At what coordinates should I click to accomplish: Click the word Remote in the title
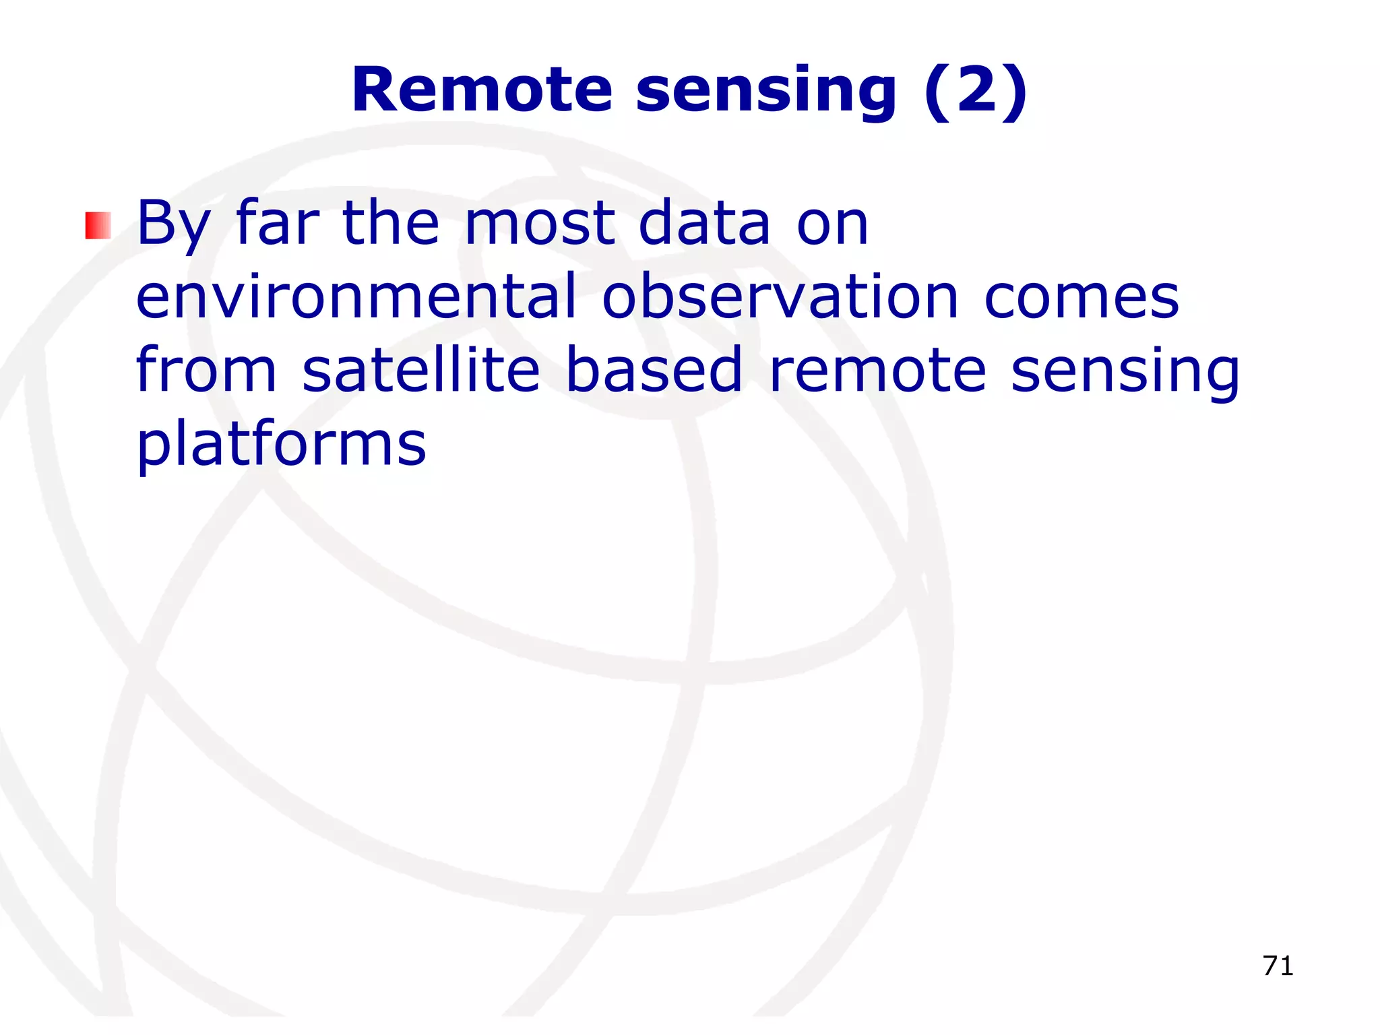[482, 90]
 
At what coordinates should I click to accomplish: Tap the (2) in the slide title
[976, 90]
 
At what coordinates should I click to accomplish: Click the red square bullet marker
[98, 226]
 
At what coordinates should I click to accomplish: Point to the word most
[539, 224]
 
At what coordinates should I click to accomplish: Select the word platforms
[281, 445]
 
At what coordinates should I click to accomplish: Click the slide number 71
[1278, 966]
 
